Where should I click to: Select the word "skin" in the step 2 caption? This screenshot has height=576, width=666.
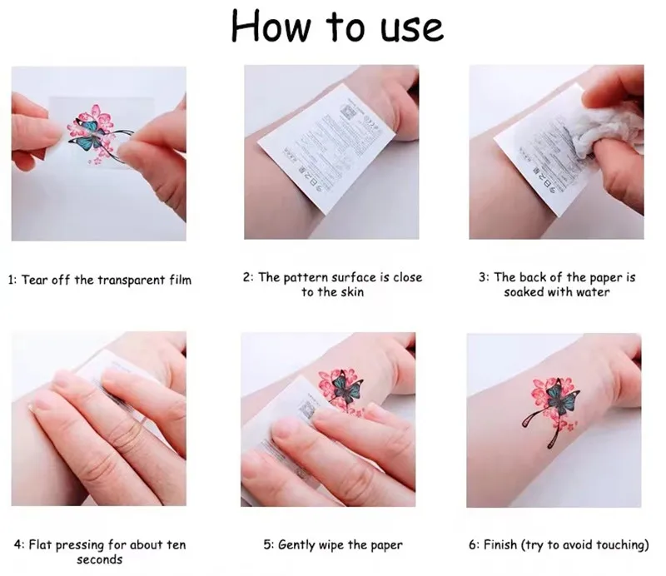(352, 292)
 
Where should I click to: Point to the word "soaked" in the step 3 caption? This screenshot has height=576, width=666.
(524, 292)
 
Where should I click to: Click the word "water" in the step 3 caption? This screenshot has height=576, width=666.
(590, 292)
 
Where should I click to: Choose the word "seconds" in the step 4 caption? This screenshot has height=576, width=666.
(99, 560)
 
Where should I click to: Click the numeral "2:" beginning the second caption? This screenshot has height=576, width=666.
(248, 277)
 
